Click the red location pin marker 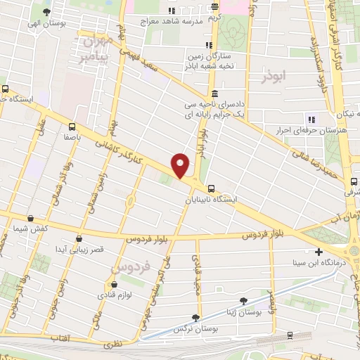click(x=181, y=164)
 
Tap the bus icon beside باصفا click(x=72, y=127)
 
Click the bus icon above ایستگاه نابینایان click(x=211, y=188)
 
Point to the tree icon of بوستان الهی click(x=46, y=13)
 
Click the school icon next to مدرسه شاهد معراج click(x=172, y=11)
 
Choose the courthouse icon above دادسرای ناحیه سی click(x=214, y=94)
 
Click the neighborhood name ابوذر click(x=275, y=77)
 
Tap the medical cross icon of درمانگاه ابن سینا click(x=319, y=252)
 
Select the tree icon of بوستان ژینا click(x=243, y=301)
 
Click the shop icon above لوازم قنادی click(x=109, y=276)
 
